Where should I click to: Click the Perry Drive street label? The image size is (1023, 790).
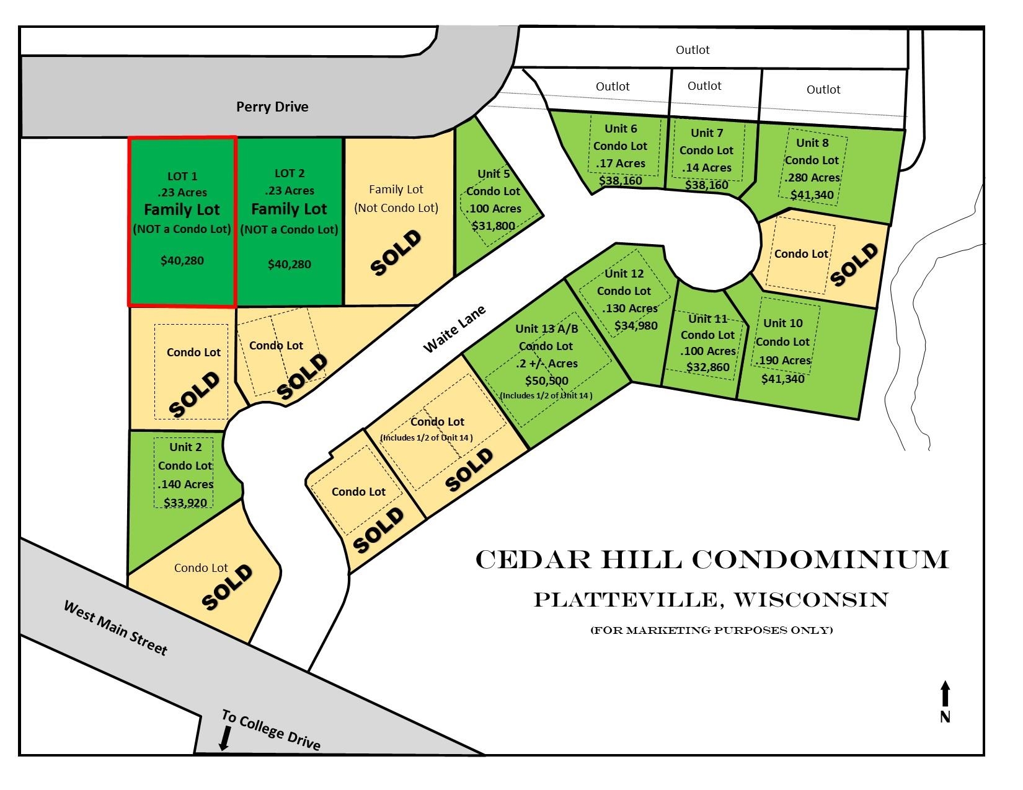(x=272, y=107)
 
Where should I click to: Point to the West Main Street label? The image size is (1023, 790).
(x=115, y=627)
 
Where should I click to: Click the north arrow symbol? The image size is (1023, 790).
(x=945, y=694)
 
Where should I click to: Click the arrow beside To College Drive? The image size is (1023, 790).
(x=225, y=738)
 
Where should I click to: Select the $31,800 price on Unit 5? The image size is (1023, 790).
(x=493, y=226)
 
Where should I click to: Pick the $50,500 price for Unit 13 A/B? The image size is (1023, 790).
(x=546, y=380)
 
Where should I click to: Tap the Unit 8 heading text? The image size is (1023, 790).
(x=812, y=143)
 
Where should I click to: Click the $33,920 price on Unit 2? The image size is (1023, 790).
(x=185, y=502)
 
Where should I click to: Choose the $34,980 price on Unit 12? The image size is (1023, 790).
(x=635, y=325)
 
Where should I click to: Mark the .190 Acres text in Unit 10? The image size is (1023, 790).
(x=782, y=360)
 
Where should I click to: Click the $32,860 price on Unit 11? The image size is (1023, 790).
(x=707, y=367)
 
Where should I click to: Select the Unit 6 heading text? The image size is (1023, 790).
(x=621, y=128)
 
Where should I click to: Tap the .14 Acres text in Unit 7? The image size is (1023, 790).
(x=706, y=167)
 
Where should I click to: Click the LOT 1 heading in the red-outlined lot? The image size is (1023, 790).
(x=182, y=177)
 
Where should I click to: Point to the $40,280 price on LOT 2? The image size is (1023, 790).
(x=289, y=264)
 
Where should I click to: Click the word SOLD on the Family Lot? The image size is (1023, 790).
(x=396, y=252)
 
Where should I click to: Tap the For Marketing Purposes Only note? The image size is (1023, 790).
(x=711, y=630)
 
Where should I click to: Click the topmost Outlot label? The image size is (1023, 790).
(x=693, y=50)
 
